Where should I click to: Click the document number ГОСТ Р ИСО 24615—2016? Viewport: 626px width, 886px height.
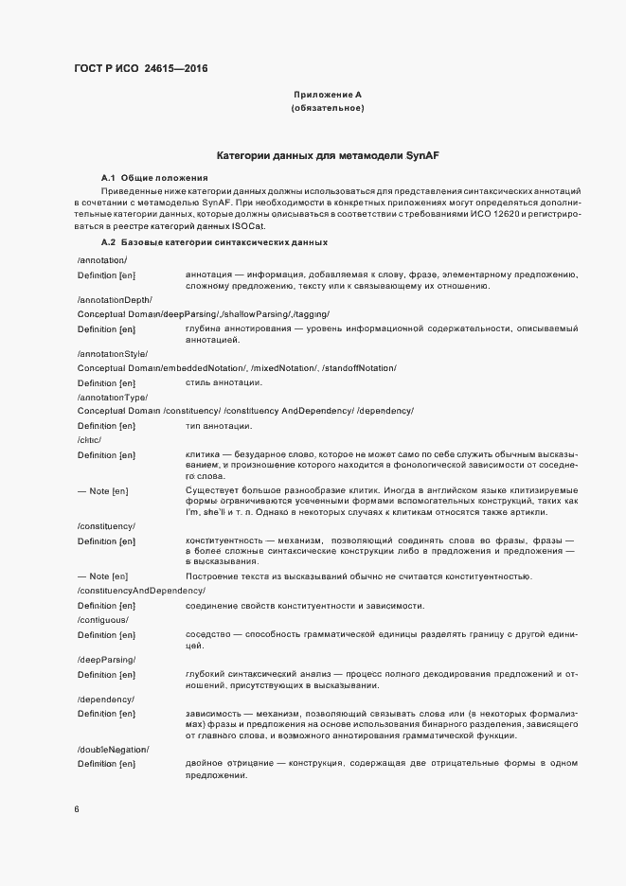141,69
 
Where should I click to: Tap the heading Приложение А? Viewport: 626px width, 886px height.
328,95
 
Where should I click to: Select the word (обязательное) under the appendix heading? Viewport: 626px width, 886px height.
328,109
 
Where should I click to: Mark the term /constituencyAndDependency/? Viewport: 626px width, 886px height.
141,591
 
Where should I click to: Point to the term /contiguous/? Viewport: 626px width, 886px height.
102,619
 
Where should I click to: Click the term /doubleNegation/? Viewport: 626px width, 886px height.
113,749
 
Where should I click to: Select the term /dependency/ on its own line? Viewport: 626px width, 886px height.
105,698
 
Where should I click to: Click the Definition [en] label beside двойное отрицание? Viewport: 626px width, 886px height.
107,763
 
